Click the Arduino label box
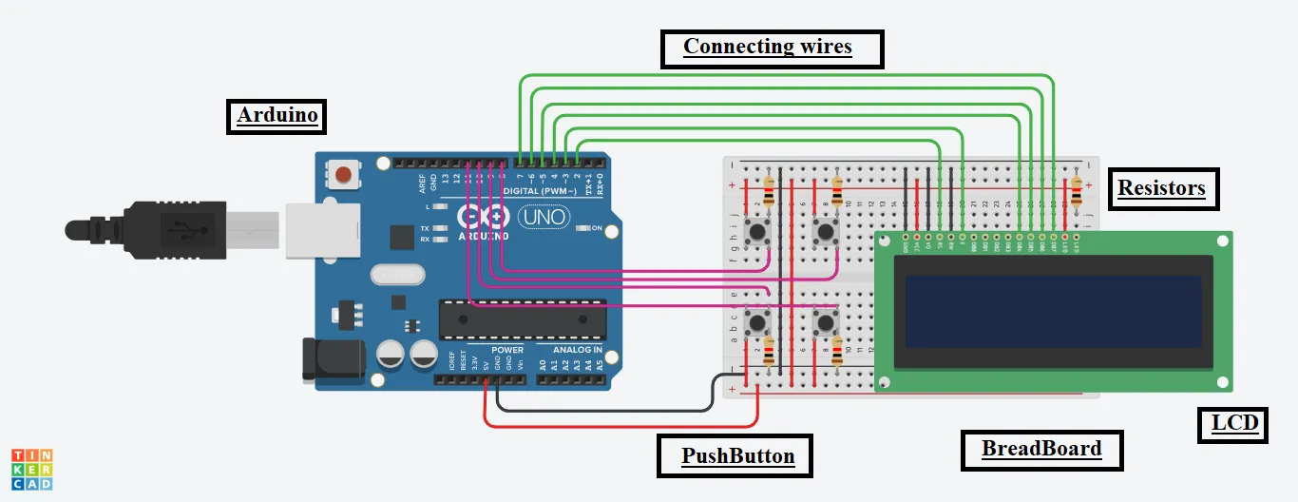point(277,116)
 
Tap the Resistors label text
point(1161,188)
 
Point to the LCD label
point(1234,422)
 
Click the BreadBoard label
point(1041,450)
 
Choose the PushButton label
point(736,456)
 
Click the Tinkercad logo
point(31,470)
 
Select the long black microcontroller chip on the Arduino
point(522,319)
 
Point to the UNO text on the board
point(544,218)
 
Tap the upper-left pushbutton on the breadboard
point(758,231)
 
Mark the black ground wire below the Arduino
point(608,411)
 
